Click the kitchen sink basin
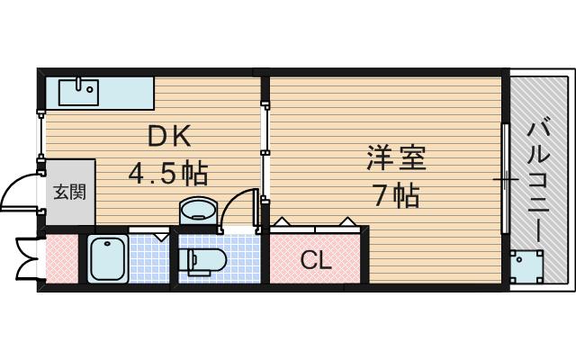tap(78, 93)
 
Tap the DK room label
tap(169, 136)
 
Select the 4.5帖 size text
tap(168, 173)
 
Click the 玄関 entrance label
tap(70, 192)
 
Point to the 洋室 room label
tap(396, 158)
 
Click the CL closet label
tap(316, 260)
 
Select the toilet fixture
tap(202, 261)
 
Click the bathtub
tap(108, 259)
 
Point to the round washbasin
tap(198, 211)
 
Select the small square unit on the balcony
tap(526, 266)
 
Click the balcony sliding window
tap(506, 179)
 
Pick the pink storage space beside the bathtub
tap(62, 259)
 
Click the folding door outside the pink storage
tap(26, 260)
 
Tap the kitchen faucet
tap(79, 85)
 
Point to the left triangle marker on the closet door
tap(282, 221)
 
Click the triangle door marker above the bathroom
tap(161, 237)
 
